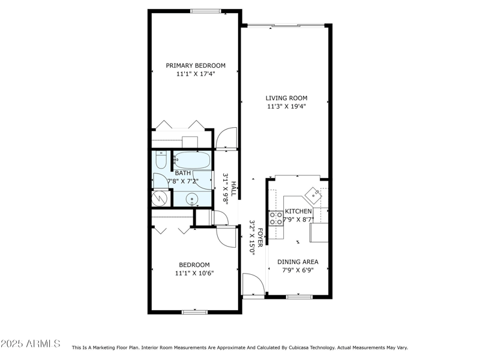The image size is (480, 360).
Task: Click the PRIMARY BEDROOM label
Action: pyautogui.click(x=196, y=65)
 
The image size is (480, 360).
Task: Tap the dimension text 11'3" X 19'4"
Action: pyautogui.click(x=287, y=107)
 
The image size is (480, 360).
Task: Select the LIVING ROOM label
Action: pyautogui.click(x=287, y=98)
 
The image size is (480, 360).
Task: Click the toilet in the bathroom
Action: pyautogui.click(x=160, y=161)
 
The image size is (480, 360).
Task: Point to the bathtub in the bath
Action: pyautogui.click(x=191, y=160)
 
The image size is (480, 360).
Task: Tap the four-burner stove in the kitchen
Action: pyautogui.click(x=276, y=218)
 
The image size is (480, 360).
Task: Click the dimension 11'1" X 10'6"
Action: pyautogui.click(x=194, y=273)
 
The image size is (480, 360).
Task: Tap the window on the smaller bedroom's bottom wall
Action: pyautogui.click(x=194, y=311)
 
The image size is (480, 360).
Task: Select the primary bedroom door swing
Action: pyautogui.click(x=226, y=139)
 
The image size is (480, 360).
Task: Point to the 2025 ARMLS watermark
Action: pyautogui.click(x=30, y=344)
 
